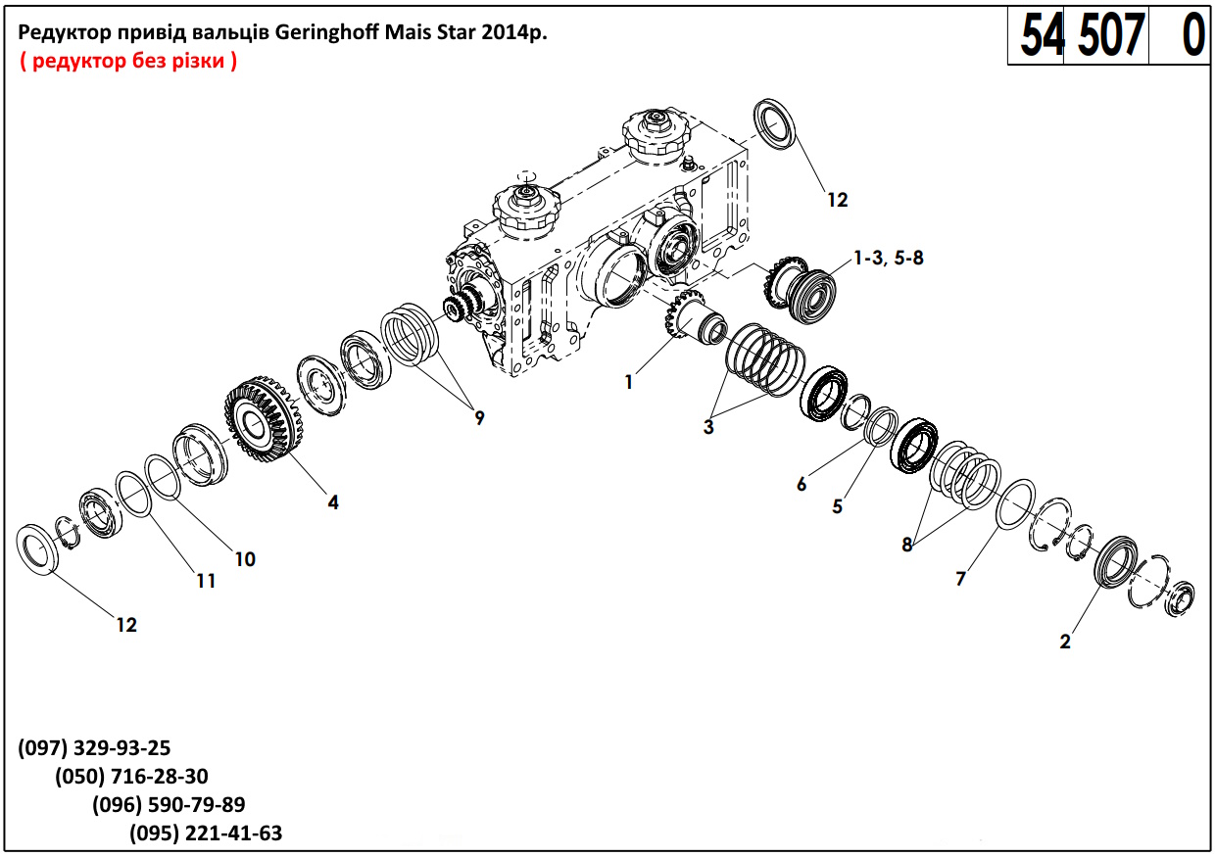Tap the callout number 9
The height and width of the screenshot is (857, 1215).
point(479,418)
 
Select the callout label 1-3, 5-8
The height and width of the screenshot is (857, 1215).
point(889,259)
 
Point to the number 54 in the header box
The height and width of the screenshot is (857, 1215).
point(1041,36)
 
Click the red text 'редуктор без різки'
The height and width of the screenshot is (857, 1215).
point(127,61)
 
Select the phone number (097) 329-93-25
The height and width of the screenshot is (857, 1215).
point(94,748)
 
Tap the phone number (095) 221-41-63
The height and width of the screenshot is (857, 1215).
point(206,833)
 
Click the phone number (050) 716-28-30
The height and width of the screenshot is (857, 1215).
point(131,777)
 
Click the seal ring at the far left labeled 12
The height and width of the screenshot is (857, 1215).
point(40,549)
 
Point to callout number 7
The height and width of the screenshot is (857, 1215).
point(960,579)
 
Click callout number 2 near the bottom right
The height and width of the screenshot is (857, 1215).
point(1065,643)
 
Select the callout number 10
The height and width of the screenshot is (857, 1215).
point(244,559)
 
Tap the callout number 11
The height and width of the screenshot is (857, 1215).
point(205,581)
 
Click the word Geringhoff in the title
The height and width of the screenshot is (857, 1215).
point(323,32)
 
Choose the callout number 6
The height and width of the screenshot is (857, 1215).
point(802,484)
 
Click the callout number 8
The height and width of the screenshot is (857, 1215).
point(907,546)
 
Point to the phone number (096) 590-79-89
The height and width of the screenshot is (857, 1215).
point(169,805)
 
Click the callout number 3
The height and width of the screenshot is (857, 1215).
point(708,426)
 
